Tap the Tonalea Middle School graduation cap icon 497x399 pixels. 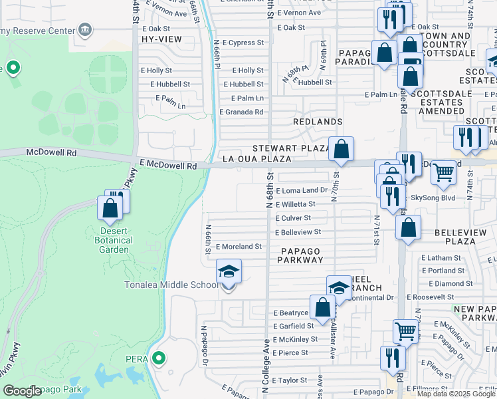click(x=229, y=272)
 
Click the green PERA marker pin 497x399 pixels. click(x=158, y=359)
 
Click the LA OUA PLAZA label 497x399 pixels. click(x=256, y=159)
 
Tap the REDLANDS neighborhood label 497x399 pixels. click(x=318, y=122)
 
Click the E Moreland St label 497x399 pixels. click(x=239, y=246)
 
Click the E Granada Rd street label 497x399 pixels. click(x=241, y=112)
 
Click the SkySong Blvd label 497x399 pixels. click(x=433, y=198)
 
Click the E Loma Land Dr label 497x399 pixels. click(x=301, y=190)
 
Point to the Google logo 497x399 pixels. click(x=22, y=391)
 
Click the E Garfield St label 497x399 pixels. click(x=293, y=326)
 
